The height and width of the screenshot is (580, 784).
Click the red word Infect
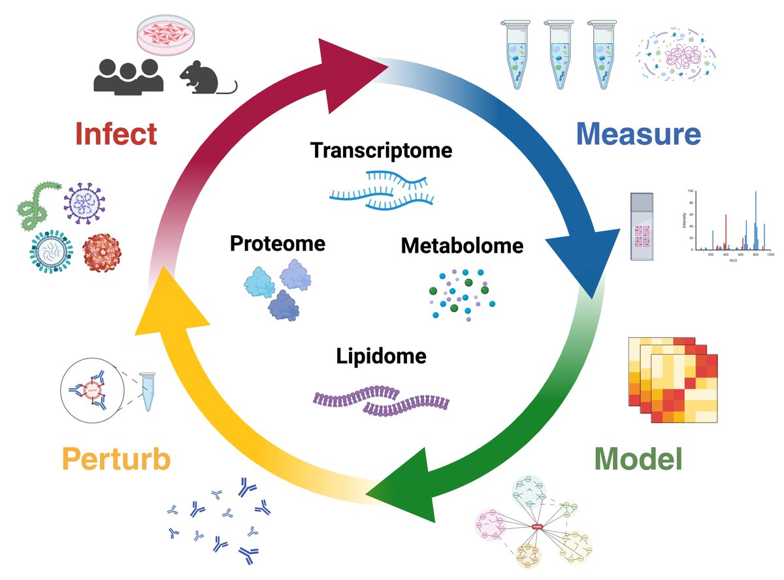click(116, 134)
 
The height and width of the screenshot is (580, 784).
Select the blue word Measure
click(638, 134)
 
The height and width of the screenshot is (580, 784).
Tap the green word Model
click(638, 459)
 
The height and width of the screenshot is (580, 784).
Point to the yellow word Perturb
click(116, 459)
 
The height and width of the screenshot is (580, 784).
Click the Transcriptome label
click(382, 150)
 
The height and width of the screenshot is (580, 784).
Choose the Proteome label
click(277, 244)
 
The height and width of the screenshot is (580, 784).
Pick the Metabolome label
click(462, 246)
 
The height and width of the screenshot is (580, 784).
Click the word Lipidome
click(382, 357)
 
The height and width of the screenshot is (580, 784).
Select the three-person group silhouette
click(128, 75)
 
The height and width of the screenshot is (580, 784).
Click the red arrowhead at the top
click(353, 62)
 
